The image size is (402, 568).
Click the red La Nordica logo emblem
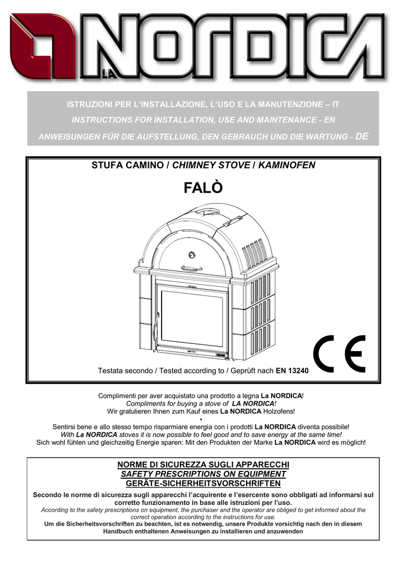click(x=43, y=46)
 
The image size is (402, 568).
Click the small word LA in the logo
click(x=108, y=74)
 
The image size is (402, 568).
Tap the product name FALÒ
click(x=203, y=187)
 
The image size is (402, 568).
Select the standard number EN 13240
click(x=292, y=371)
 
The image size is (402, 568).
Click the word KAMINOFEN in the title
click(x=287, y=165)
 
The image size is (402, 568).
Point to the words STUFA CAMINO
click(x=128, y=165)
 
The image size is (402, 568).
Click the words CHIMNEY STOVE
click(x=211, y=165)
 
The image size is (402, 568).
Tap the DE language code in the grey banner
click(x=362, y=136)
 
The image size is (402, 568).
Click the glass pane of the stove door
click(x=192, y=319)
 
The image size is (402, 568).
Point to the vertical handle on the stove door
click(x=156, y=327)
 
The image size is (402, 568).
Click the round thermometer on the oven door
click(x=192, y=255)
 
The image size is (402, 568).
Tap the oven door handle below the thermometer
click(x=192, y=268)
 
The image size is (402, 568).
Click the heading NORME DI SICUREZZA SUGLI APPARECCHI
click(x=203, y=465)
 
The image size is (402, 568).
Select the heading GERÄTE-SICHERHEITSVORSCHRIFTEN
click(x=203, y=484)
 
